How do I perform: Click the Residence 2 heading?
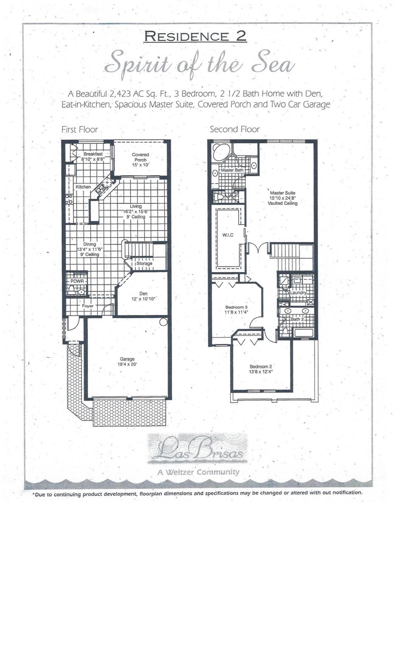pyautogui.click(x=195, y=37)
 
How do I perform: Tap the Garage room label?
pyautogui.click(x=127, y=359)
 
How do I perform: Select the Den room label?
pyautogui.click(x=143, y=293)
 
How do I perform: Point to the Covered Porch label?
pyautogui.click(x=140, y=155)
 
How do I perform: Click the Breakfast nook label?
pyautogui.click(x=93, y=154)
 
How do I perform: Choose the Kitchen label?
pyautogui.click(x=83, y=187)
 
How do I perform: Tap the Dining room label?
pyautogui.click(x=89, y=244)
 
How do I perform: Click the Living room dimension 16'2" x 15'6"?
pyautogui.click(x=136, y=211)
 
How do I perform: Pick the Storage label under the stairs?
pyautogui.click(x=144, y=264)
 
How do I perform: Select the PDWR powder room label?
pyautogui.click(x=77, y=281)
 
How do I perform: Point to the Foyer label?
pyautogui.click(x=88, y=306)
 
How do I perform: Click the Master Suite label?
pyautogui.click(x=282, y=193)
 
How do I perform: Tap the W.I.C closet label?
pyautogui.click(x=228, y=235)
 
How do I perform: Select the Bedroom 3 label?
pyautogui.click(x=236, y=307)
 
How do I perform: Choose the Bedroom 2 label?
pyautogui.click(x=261, y=366)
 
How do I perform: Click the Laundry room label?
pyautogui.click(x=298, y=293)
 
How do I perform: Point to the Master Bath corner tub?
pyautogui.click(x=220, y=152)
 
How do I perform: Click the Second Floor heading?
pyautogui.click(x=234, y=129)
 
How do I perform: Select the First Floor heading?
pyautogui.click(x=80, y=129)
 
